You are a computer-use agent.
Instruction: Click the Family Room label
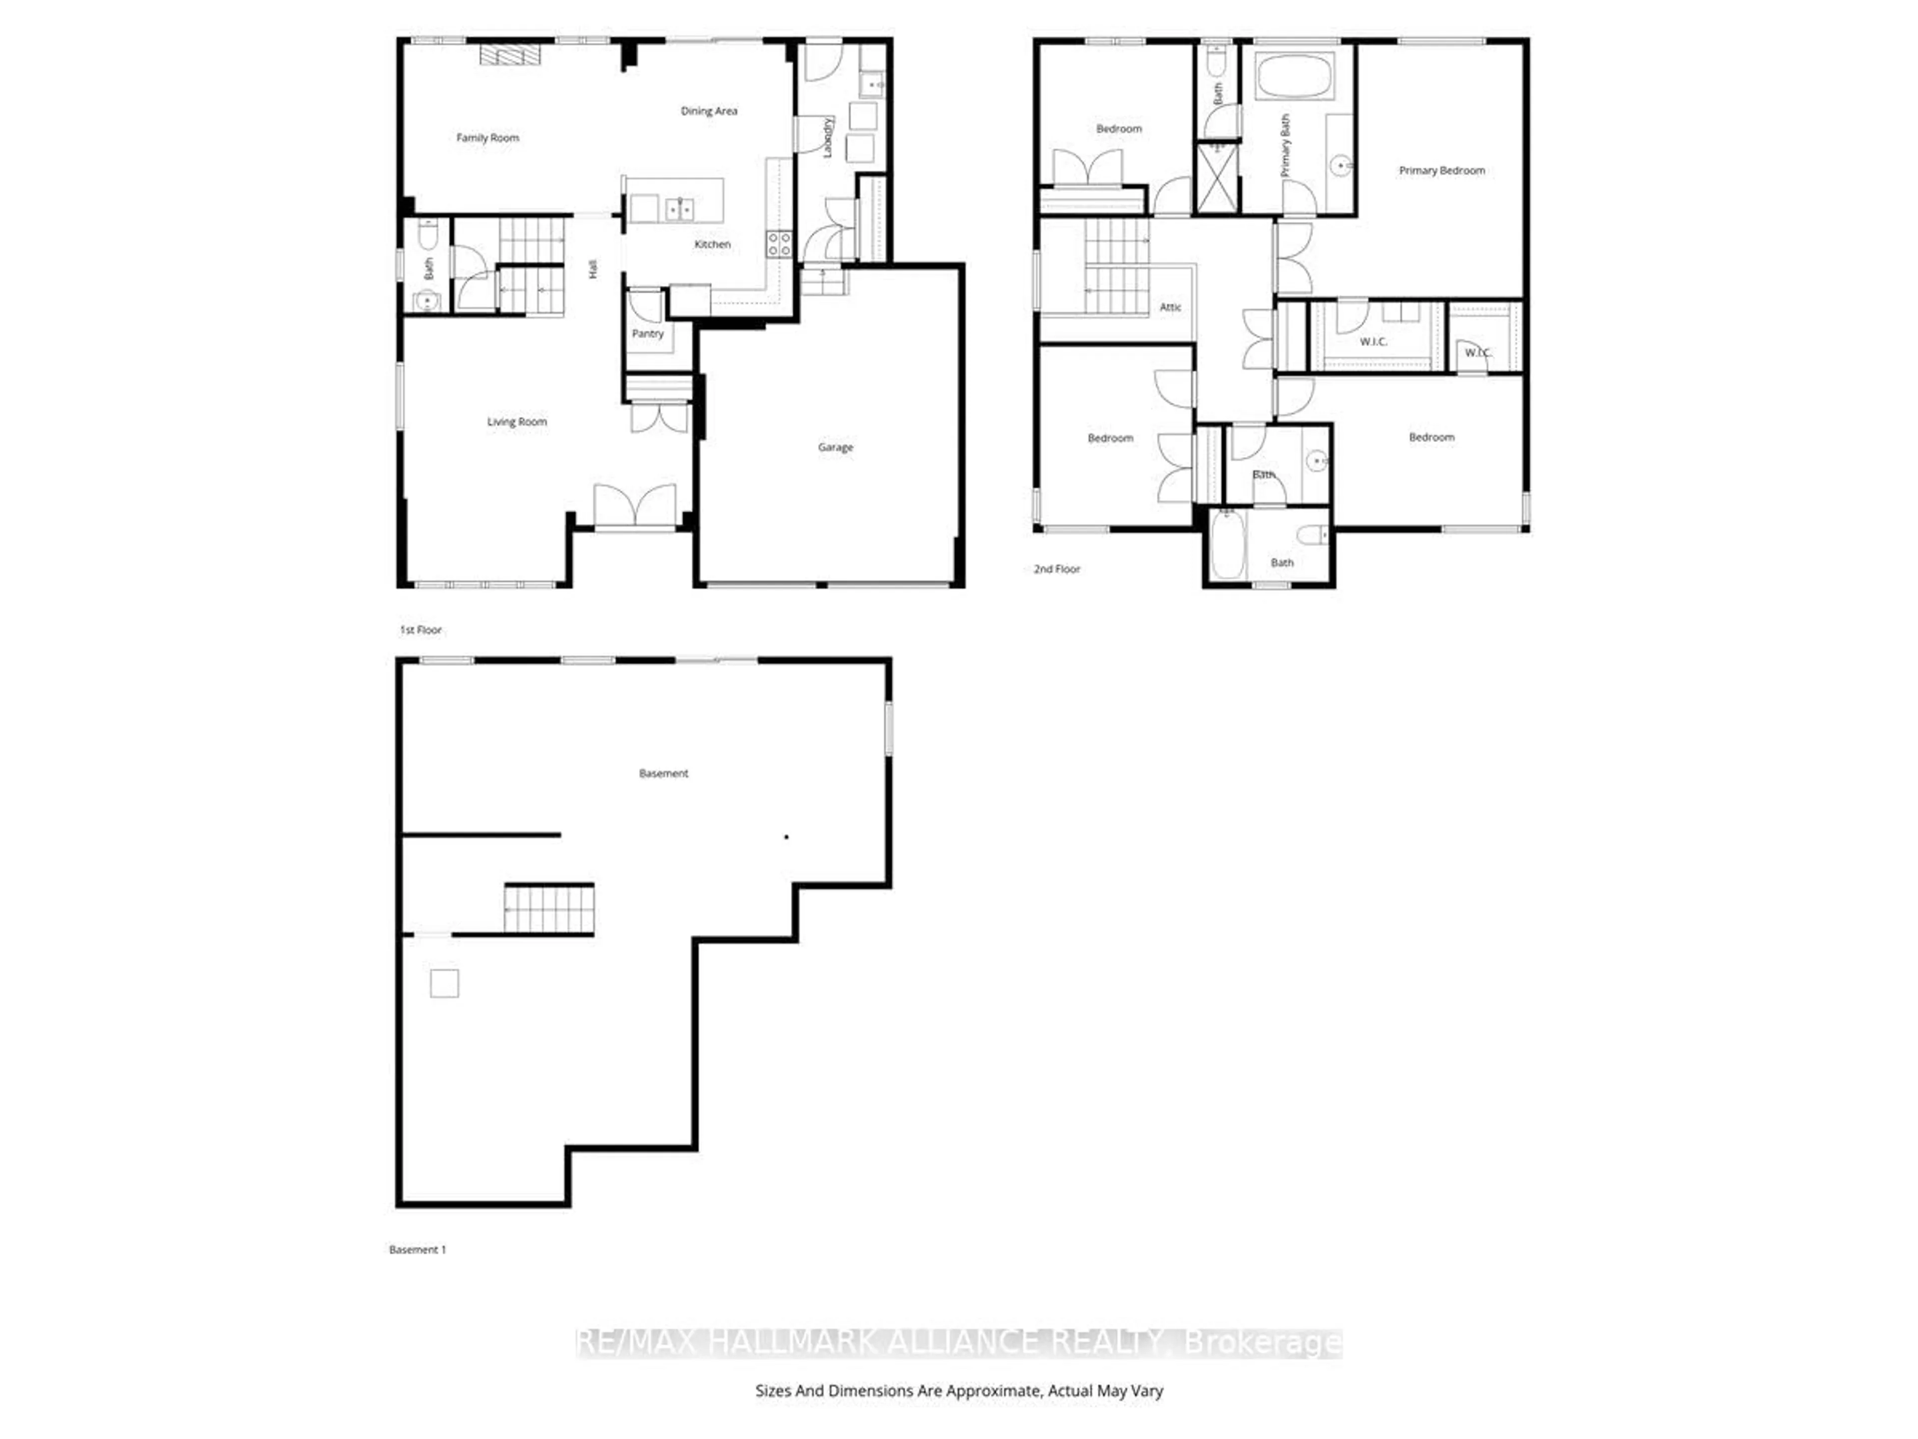487,138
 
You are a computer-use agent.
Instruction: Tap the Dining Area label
708,111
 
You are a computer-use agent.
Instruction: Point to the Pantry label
648,334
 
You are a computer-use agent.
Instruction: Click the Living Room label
517,422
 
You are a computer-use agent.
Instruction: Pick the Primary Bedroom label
1441,171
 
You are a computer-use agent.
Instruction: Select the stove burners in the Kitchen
779,244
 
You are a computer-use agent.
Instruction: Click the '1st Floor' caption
421,630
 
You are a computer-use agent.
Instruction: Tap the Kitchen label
712,245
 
